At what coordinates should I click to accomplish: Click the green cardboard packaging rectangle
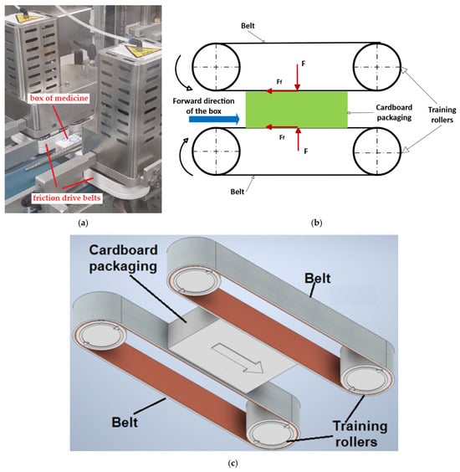tap(297, 110)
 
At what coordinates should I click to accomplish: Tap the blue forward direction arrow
tap(214, 119)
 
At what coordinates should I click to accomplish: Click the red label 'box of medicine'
tap(59, 99)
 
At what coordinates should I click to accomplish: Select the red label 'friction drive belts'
tap(66, 198)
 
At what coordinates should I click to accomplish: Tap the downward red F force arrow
tap(297, 77)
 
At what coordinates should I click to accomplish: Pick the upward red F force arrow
tap(298, 139)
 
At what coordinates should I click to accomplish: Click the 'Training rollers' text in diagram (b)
tap(442, 115)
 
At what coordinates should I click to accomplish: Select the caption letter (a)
tap(83, 223)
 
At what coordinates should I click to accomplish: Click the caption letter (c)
tap(233, 464)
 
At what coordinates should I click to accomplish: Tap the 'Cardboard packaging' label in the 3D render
tap(123, 259)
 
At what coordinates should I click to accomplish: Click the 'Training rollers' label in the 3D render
tap(360, 434)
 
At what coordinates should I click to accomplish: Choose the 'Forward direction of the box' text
tap(203, 106)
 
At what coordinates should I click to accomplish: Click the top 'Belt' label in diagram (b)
tap(248, 26)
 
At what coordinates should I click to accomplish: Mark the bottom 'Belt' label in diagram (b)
tap(237, 192)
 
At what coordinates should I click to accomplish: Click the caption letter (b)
tap(316, 223)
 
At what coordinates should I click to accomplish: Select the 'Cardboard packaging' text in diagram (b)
tap(394, 112)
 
